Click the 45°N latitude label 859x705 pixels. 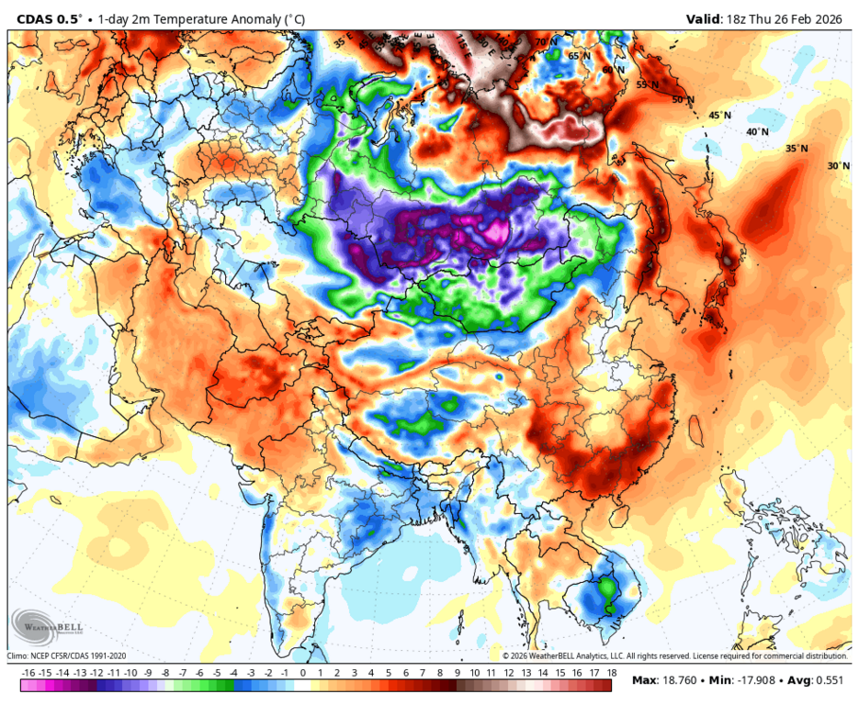click(719, 116)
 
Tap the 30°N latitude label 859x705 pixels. click(838, 166)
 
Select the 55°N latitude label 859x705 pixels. click(648, 84)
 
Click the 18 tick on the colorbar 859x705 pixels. click(611, 674)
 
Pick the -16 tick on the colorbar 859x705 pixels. click(28, 674)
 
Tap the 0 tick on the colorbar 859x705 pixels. click(303, 674)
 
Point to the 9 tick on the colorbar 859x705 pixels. click(457, 674)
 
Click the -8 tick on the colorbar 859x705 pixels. click(166, 674)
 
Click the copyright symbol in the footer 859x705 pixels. click(505, 656)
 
